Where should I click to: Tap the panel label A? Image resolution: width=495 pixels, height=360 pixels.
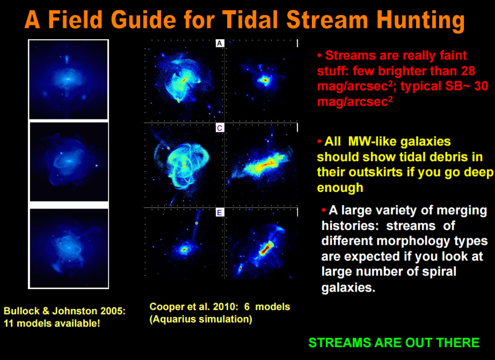[x=220, y=43]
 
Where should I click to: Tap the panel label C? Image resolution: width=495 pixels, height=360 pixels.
[x=220, y=128]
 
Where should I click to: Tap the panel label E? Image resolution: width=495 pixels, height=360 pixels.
[x=220, y=212]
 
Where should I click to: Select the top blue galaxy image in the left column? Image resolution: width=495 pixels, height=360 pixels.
[x=68, y=79]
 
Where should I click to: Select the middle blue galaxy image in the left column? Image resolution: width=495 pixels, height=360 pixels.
[x=68, y=162]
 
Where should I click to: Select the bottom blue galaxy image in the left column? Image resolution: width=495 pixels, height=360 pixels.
[x=68, y=248]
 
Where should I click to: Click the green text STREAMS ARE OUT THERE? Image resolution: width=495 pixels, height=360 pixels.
[x=394, y=343]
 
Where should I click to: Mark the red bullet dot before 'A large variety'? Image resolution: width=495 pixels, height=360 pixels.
[x=324, y=210]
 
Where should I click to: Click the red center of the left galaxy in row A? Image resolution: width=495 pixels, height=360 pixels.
[x=184, y=80]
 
